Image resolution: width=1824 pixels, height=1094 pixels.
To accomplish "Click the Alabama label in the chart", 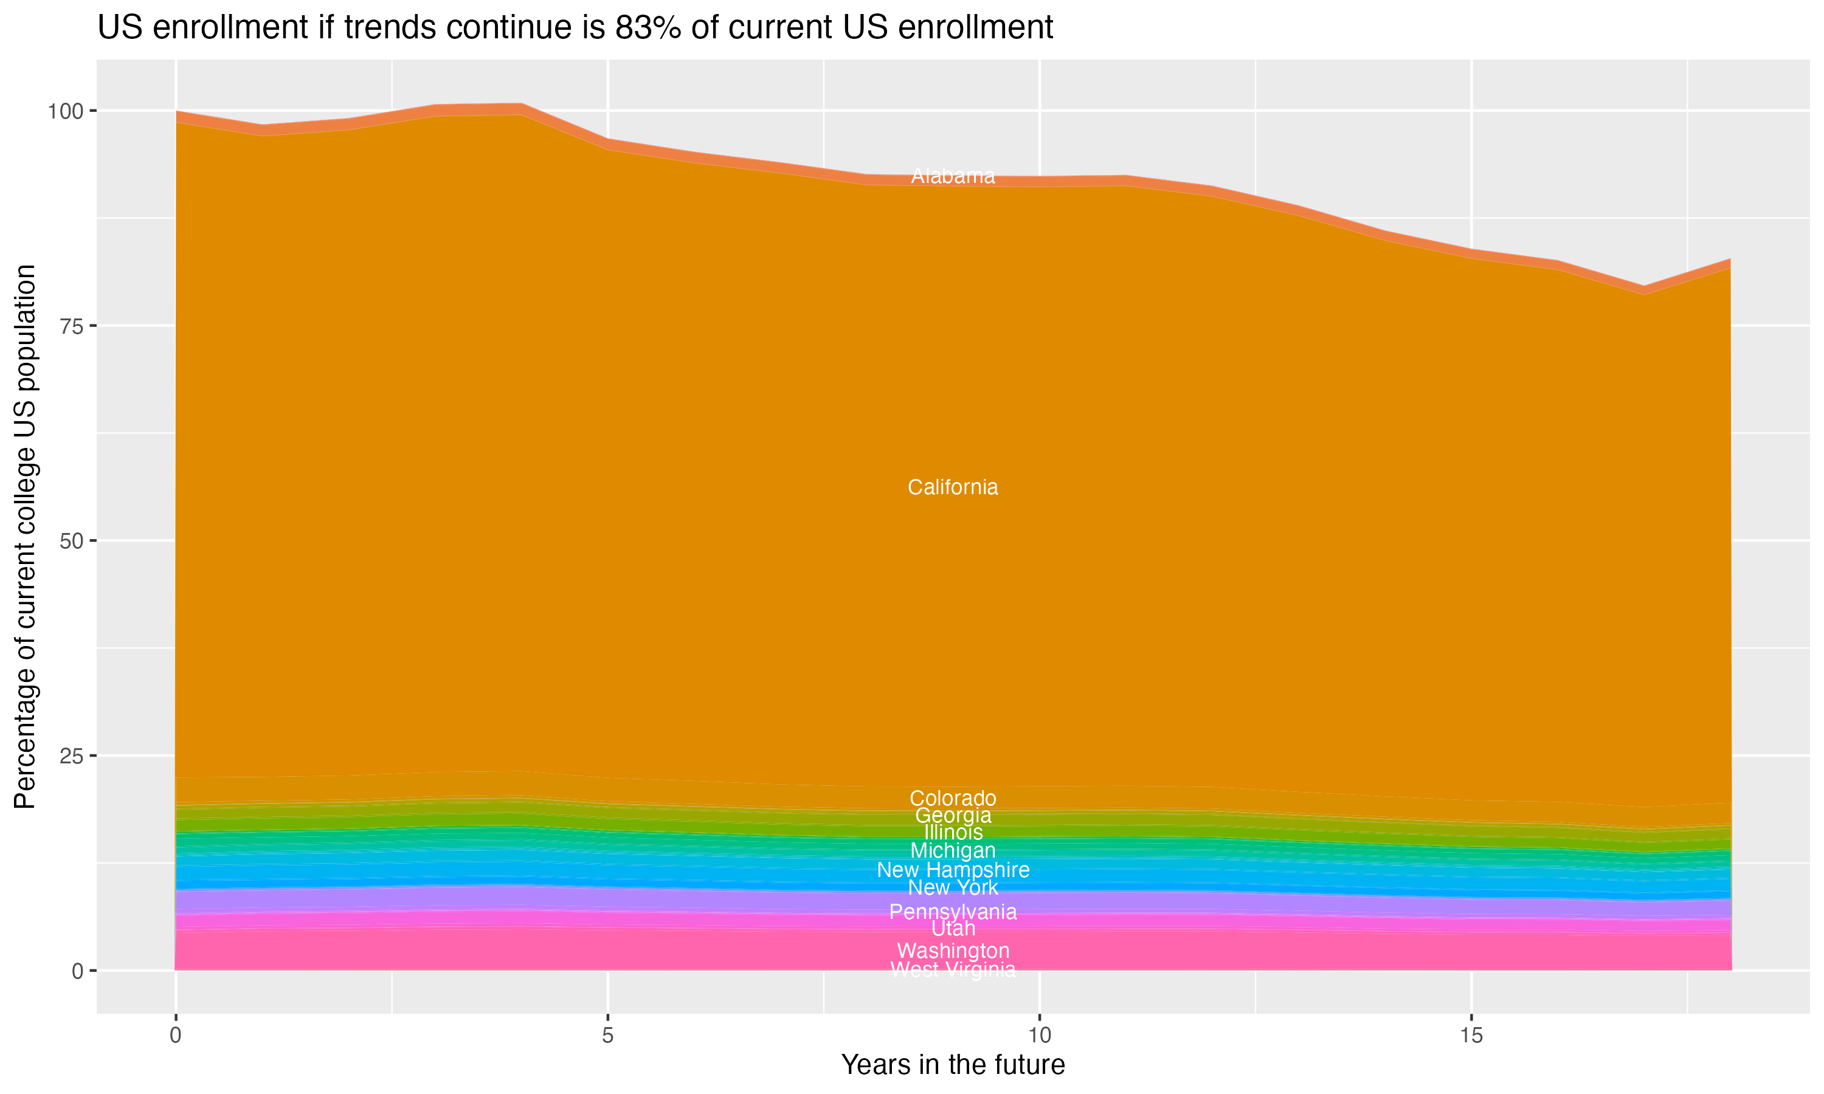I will coord(953,176).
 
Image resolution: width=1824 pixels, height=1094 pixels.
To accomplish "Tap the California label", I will coord(953,487).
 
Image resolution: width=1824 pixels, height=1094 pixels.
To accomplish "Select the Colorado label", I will coord(953,799).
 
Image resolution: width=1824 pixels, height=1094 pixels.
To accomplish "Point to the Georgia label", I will coord(953,816).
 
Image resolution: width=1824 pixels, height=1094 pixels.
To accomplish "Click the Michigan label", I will coord(953,851).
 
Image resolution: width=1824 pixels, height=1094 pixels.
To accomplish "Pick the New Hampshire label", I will coord(953,870).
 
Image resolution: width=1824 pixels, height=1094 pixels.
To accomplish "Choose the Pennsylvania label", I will coord(953,912).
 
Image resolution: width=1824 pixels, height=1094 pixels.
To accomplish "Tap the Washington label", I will coord(953,951).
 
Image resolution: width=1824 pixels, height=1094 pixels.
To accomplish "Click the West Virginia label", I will coord(953,969).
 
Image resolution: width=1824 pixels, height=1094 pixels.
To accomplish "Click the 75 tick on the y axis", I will coord(69,326).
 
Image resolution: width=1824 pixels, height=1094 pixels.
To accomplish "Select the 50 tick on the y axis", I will coord(69,541).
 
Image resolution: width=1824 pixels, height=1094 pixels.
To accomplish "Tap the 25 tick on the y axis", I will coord(69,755).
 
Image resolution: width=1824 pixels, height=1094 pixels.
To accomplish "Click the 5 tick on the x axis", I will coord(607,1036).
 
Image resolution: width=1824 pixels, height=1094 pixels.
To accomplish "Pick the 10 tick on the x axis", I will coord(1039,1036).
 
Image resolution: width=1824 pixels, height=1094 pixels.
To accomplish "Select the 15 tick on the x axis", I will coord(1471,1036).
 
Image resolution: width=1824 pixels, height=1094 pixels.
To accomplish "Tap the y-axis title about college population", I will coord(25,536).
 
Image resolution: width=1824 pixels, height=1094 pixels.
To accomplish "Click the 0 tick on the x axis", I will coord(176,1036).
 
